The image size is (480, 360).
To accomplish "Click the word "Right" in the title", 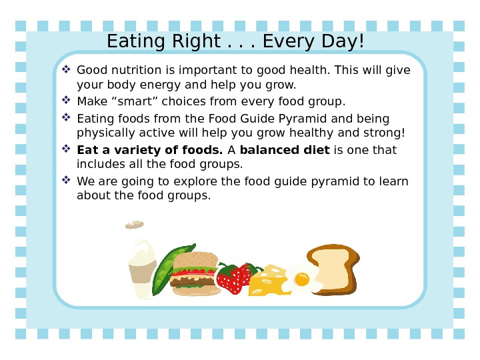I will [190, 42].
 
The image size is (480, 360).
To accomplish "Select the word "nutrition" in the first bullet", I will [134, 71].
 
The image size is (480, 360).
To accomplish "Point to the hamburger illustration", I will [195, 273].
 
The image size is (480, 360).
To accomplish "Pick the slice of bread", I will [333, 269].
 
